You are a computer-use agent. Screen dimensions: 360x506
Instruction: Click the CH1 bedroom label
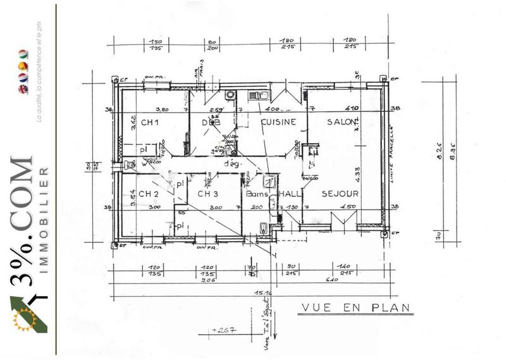point(149,122)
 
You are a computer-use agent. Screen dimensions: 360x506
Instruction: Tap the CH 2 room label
point(148,194)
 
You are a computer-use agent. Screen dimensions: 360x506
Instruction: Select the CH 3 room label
point(207,194)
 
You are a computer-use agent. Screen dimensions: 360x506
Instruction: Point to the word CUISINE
point(278,122)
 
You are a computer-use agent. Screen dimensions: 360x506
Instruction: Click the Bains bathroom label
point(257,194)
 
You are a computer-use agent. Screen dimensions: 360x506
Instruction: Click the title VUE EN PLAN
point(355,308)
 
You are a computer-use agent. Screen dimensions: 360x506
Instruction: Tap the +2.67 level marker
point(223,330)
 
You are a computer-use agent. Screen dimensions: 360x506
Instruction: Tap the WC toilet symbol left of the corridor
point(130,164)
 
